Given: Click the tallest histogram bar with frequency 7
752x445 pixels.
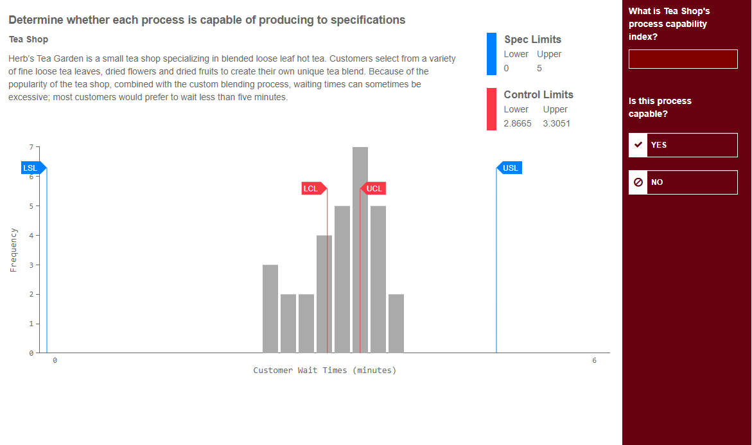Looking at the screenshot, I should click(x=360, y=250).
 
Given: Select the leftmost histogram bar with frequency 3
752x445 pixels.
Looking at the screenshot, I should click(x=270, y=309).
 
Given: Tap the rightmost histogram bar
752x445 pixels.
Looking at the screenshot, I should click(x=396, y=324).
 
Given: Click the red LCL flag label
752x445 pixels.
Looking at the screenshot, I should click(x=311, y=189).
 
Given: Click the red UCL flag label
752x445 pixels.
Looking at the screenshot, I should click(x=374, y=189).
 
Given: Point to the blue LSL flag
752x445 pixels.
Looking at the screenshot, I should click(x=31, y=168).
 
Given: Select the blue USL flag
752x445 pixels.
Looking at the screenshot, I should click(x=511, y=168).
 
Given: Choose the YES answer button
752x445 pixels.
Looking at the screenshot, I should click(x=683, y=145).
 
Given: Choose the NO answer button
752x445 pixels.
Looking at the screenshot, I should click(x=683, y=182).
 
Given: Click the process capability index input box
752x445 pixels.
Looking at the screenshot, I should click(x=683, y=59).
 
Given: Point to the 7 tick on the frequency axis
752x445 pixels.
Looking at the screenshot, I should click(x=30, y=148).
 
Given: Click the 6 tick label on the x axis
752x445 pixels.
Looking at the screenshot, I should click(x=594, y=361).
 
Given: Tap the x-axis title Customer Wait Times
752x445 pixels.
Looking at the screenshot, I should click(x=325, y=371).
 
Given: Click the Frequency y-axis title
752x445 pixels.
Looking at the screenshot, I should click(x=13, y=250).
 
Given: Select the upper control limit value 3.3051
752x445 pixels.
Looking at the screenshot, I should click(x=556, y=123).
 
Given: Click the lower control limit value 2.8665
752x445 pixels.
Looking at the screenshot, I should click(x=518, y=123).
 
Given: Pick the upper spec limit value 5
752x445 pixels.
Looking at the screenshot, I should click(x=539, y=68).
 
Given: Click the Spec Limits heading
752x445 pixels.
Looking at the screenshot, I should click(x=532, y=40).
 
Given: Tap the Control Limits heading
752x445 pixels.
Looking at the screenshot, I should click(x=538, y=95).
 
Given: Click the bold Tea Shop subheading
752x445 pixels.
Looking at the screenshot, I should click(x=28, y=40).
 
